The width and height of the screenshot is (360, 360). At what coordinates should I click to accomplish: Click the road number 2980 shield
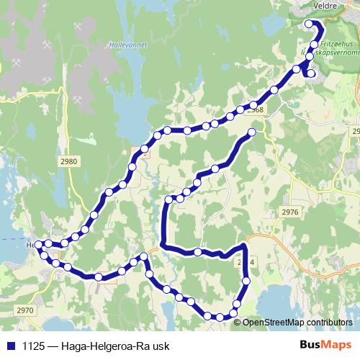(69, 162)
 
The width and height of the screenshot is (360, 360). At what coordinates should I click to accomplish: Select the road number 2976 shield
(290, 212)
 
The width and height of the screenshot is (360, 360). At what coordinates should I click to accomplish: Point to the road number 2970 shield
(24, 310)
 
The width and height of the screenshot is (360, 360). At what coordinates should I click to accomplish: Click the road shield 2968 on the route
(254, 109)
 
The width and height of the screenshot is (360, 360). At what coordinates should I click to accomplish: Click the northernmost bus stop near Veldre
(309, 24)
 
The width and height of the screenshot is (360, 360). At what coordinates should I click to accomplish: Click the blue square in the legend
(9, 345)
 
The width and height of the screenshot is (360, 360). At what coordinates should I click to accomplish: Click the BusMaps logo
(323, 344)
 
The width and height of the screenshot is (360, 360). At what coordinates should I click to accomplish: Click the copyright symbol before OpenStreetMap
(237, 322)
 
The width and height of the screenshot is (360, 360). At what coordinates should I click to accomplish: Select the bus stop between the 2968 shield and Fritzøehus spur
(274, 90)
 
